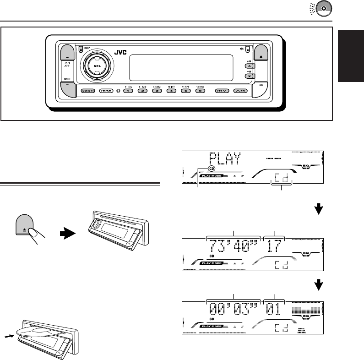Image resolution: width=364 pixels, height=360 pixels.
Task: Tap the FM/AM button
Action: click(106, 91)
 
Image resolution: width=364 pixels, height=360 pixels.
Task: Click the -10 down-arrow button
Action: click(249, 76)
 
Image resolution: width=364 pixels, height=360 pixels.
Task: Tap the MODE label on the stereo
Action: click(67, 79)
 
